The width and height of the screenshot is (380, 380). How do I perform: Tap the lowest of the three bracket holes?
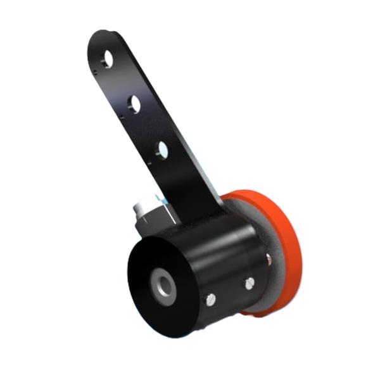point(162,150)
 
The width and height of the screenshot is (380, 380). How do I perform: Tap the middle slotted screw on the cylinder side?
point(250,282)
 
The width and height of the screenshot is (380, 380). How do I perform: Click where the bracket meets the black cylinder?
point(203,218)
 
